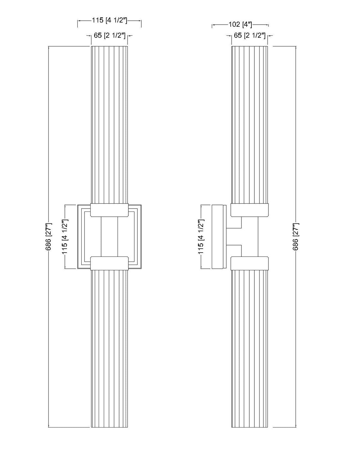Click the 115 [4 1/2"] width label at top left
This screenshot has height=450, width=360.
click(x=109, y=20)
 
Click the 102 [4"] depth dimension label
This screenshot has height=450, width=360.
click(x=240, y=25)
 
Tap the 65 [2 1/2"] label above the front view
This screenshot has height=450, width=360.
click(x=109, y=35)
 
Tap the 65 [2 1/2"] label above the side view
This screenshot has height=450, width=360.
click(x=250, y=35)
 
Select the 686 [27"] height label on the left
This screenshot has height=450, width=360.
click(x=48, y=237)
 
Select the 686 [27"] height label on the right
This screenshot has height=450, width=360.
click(x=295, y=237)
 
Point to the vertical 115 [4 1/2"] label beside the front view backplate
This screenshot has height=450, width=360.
click(x=65, y=237)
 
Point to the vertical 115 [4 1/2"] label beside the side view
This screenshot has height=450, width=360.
click(x=201, y=237)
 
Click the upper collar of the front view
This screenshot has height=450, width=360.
click(x=109, y=210)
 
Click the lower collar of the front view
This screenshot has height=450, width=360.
click(x=109, y=263)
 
